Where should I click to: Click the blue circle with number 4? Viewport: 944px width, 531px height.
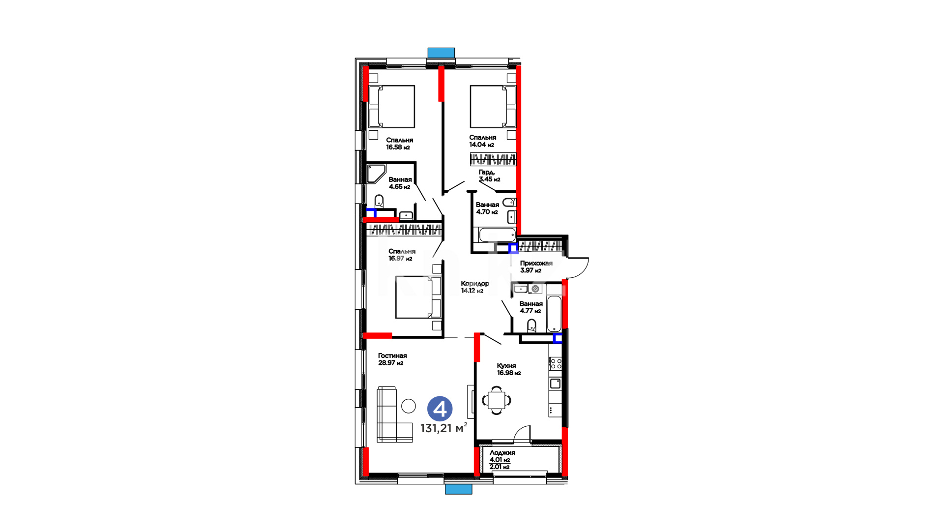click(x=440, y=409)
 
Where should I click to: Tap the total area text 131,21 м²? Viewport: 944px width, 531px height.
click(x=443, y=428)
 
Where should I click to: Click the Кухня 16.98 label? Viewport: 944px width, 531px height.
click(x=508, y=369)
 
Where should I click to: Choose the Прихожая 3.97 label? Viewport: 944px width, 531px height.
click(x=536, y=266)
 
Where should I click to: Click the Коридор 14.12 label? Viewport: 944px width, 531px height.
click(x=475, y=287)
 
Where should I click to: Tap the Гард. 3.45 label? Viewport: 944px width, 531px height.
click(x=489, y=176)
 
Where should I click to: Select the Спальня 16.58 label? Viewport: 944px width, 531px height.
click(x=399, y=144)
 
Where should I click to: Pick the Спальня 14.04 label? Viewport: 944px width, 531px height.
click(x=482, y=141)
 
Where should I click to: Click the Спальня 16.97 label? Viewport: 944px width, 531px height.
click(x=402, y=255)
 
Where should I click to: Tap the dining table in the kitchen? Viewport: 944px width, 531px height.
click(x=497, y=400)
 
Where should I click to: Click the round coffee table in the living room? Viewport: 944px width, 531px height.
click(x=409, y=406)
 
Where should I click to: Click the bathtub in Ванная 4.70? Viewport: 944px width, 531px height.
click(x=497, y=235)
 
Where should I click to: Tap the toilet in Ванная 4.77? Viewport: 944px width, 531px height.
click(x=531, y=325)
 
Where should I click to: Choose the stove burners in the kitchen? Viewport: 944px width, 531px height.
click(x=556, y=364)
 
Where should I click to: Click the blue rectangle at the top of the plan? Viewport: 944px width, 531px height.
click(x=441, y=53)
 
